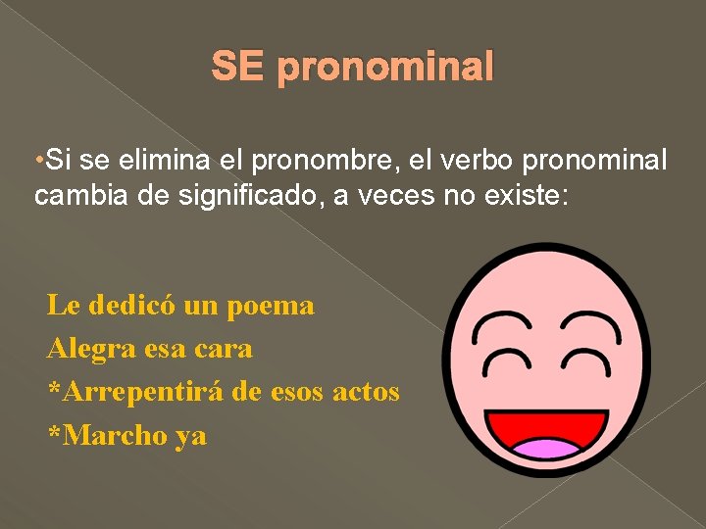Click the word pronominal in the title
point(385,69)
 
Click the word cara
point(224,348)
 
